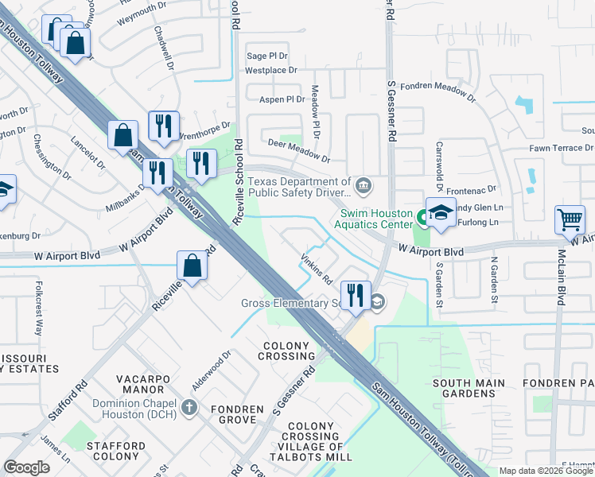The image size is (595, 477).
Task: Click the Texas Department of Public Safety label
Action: coord(299,187)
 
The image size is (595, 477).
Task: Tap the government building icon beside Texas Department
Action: coord(364,187)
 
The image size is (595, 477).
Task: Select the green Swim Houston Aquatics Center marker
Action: coord(418,214)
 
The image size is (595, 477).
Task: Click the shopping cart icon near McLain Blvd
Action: coord(570,219)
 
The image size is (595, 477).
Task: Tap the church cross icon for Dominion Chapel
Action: coord(189,408)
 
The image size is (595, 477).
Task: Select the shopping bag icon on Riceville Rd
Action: coord(192,266)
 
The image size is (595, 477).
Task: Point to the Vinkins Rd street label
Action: coord(316,270)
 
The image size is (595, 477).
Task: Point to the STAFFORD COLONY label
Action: coord(116,452)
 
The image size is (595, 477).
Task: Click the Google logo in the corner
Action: coord(26,467)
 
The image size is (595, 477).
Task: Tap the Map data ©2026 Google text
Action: coord(546,471)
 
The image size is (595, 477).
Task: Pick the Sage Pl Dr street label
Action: coord(267,56)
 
